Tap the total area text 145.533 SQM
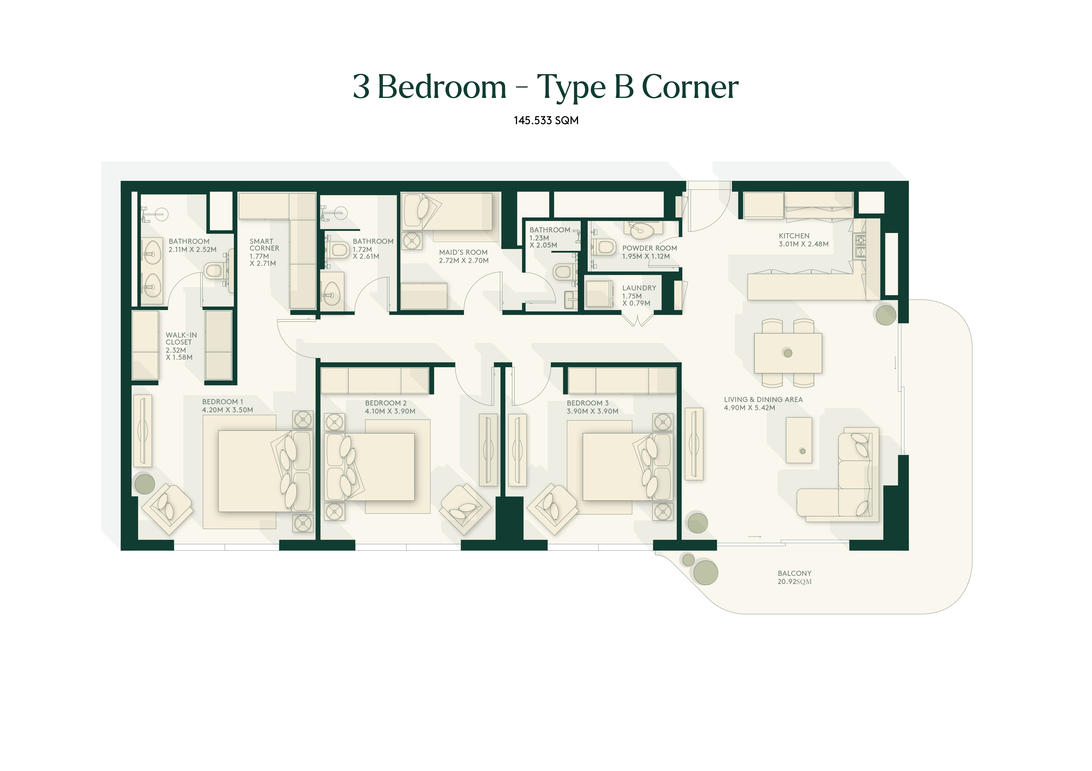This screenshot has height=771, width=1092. click(546, 120)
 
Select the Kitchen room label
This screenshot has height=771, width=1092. click(803, 240)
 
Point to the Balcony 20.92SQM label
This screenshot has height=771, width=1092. click(794, 577)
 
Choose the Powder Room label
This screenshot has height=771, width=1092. click(649, 252)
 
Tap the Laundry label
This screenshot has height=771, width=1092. click(639, 295)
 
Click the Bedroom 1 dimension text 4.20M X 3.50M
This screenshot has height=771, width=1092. click(227, 410)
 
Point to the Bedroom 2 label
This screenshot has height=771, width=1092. click(390, 407)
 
